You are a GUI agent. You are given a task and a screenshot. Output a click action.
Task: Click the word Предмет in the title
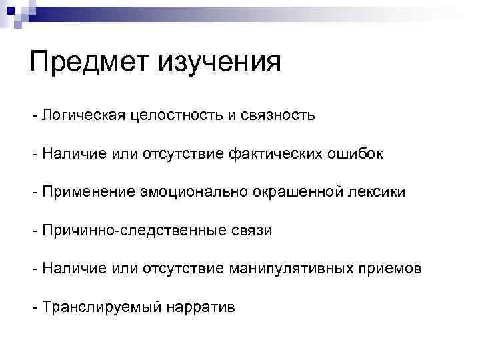[89, 63]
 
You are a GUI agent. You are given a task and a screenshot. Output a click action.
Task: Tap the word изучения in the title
[219, 63]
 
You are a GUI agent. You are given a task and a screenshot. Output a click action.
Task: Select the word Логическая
[79, 116]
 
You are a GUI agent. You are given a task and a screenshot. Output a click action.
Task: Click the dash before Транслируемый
[34, 307]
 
